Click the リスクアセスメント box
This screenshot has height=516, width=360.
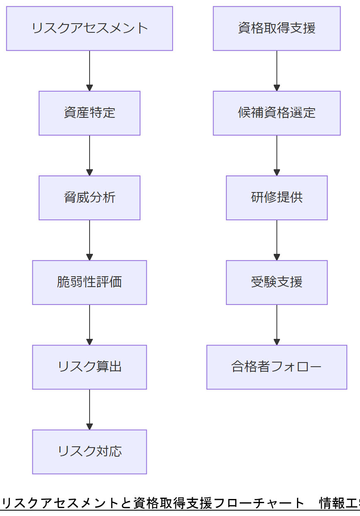[x=90, y=29]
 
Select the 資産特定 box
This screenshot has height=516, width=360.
[x=90, y=113]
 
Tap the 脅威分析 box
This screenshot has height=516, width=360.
[x=90, y=198]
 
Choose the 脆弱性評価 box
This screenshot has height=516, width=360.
[x=90, y=282]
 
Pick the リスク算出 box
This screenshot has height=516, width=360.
[x=90, y=367]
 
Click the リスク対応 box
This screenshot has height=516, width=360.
[x=90, y=452]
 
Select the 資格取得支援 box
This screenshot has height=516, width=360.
[x=277, y=29]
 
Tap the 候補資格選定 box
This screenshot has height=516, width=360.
[x=277, y=113]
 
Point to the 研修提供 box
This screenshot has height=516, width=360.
[x=277, y=198]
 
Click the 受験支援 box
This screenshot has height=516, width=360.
[x=277, y=282]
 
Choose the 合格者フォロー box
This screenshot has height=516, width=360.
[x=277, y=367]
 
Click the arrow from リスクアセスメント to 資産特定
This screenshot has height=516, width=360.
[x=90, y=71]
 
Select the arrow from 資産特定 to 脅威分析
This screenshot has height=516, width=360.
[x=90, y=155]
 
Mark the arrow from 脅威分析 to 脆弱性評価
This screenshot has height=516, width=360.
[x=90, y=240]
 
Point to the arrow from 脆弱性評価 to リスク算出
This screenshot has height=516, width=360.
[x=90, y=324]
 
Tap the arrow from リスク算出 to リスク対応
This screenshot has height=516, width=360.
[x=90, y=409]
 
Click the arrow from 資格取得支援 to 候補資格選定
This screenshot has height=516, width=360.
[x=277, y=71]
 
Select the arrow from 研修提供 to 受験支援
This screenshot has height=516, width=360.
[x=277, y=240]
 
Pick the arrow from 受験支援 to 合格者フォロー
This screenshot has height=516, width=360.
[x=277, y=324]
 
